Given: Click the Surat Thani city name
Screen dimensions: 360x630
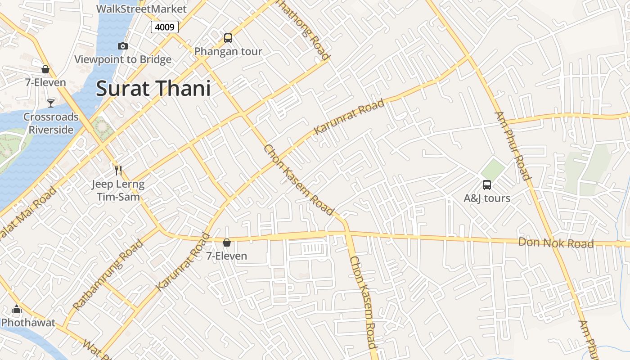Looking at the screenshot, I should pyautogui.click(x=153, y=88).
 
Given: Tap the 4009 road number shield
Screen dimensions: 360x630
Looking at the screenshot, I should pyautogui.click(x=164, y=27).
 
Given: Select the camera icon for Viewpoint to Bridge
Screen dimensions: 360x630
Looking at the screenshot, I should pyautogui.click(x=122, y=46).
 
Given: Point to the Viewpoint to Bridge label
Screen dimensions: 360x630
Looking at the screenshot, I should pyautogui.click(x=123, y=59).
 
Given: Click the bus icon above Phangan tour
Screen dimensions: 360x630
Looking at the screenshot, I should pyautogui.click(x=228, y=38).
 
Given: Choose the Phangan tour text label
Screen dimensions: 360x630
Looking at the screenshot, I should pyautogui.click(x=228, y=51).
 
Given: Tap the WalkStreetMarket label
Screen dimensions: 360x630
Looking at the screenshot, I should pyautogui.click(x=141, y=9).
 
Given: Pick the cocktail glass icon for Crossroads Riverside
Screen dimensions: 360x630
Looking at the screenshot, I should pyautogui.click(x=51, y=103).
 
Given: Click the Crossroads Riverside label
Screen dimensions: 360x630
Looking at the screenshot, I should pyautogui.click(x=51, y=123).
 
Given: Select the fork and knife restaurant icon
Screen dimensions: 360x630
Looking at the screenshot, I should pyautogui.click(x=118, y=170).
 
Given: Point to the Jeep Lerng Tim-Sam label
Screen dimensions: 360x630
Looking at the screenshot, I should pyautogui.click(x=118, y=190).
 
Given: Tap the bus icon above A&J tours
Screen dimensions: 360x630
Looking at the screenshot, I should pyautogui.click(x=487, y=184).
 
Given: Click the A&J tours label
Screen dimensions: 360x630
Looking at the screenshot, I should pyautogui.click(x=487, y=198).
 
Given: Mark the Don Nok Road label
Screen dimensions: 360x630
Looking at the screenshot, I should pyautogui.click(x=556, y=243).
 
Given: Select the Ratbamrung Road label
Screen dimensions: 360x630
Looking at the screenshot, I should pyautogui.click(x=108, y=275).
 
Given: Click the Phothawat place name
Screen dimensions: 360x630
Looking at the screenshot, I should pyautogui.click(x=28, y=322).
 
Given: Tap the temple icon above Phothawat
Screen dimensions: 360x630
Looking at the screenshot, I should pyautogui.click(x=17, y=309).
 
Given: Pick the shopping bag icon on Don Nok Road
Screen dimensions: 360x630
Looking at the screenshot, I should pyautogui.click(x=227, y=243).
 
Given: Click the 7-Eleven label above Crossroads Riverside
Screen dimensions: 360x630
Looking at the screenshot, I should pyautogui.click(x=45, y=82).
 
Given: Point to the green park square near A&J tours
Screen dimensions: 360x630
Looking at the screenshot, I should pyautogui.click(x=493, y=169).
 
